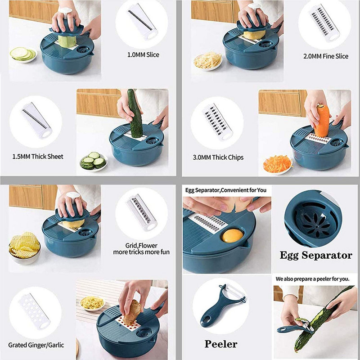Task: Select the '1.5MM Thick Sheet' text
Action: click(38, 157)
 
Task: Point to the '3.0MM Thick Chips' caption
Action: click(216, 157)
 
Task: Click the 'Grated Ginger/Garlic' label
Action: click(36, 345)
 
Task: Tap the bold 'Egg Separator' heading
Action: click(316, 256)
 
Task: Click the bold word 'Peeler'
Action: click(221, 344)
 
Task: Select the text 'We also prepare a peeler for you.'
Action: click(313, 279)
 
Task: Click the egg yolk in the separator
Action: click(233, 235)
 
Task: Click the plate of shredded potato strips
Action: click(207, 61)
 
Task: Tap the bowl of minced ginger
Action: click(92, 302)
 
